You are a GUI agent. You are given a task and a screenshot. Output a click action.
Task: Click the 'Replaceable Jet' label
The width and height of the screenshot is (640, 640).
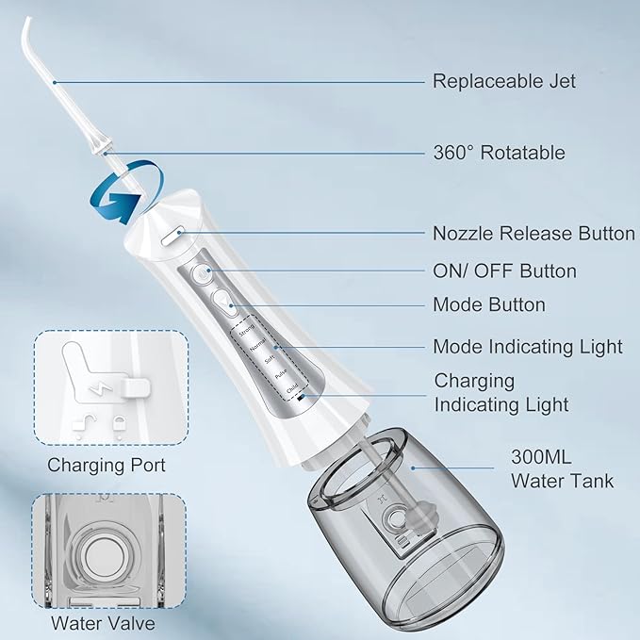point(503,81)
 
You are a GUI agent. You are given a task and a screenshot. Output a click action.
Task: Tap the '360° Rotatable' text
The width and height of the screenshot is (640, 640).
point(498,153)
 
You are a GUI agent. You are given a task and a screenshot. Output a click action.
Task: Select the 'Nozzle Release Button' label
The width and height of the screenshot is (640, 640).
point(533,234)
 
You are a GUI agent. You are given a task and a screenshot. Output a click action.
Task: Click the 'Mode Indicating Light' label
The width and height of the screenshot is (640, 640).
point(528,347)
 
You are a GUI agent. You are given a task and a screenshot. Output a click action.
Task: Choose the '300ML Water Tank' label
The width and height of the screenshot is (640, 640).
point(562,470)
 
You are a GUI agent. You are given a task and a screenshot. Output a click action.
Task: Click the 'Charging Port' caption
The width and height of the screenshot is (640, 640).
point(107,466)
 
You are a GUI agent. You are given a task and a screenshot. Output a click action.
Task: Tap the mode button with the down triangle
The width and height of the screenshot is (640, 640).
point(223,301)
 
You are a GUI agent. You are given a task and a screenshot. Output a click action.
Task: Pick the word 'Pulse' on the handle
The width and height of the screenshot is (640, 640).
point(281,373)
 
